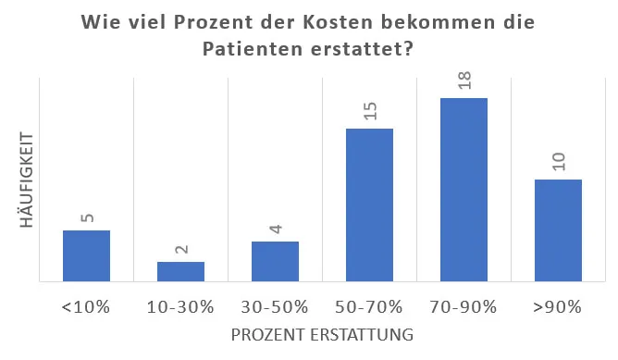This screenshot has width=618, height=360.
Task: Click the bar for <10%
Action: (86, 255)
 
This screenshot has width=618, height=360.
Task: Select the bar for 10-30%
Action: (180, 270)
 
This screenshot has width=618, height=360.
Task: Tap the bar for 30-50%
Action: (275, 261)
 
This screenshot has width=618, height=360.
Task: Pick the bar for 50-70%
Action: (369, 205)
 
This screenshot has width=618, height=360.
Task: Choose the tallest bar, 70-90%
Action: (463, 189)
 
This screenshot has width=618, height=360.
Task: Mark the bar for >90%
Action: (558, 230)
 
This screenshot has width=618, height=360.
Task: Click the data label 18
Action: (464, 81)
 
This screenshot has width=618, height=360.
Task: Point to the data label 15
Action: (370, 111)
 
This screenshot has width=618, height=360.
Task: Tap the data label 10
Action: (559, 162)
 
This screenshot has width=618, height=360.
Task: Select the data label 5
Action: (87, 218)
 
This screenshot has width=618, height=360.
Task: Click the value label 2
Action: (181, 250)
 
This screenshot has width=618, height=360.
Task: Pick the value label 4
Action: (276, 230)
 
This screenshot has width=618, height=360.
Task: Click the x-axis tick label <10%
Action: (86, 307)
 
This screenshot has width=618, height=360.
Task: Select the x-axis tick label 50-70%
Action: (369, 307)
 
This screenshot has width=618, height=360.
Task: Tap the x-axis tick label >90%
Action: (558, 307)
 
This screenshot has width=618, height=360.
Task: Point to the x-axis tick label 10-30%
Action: (180, 307)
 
